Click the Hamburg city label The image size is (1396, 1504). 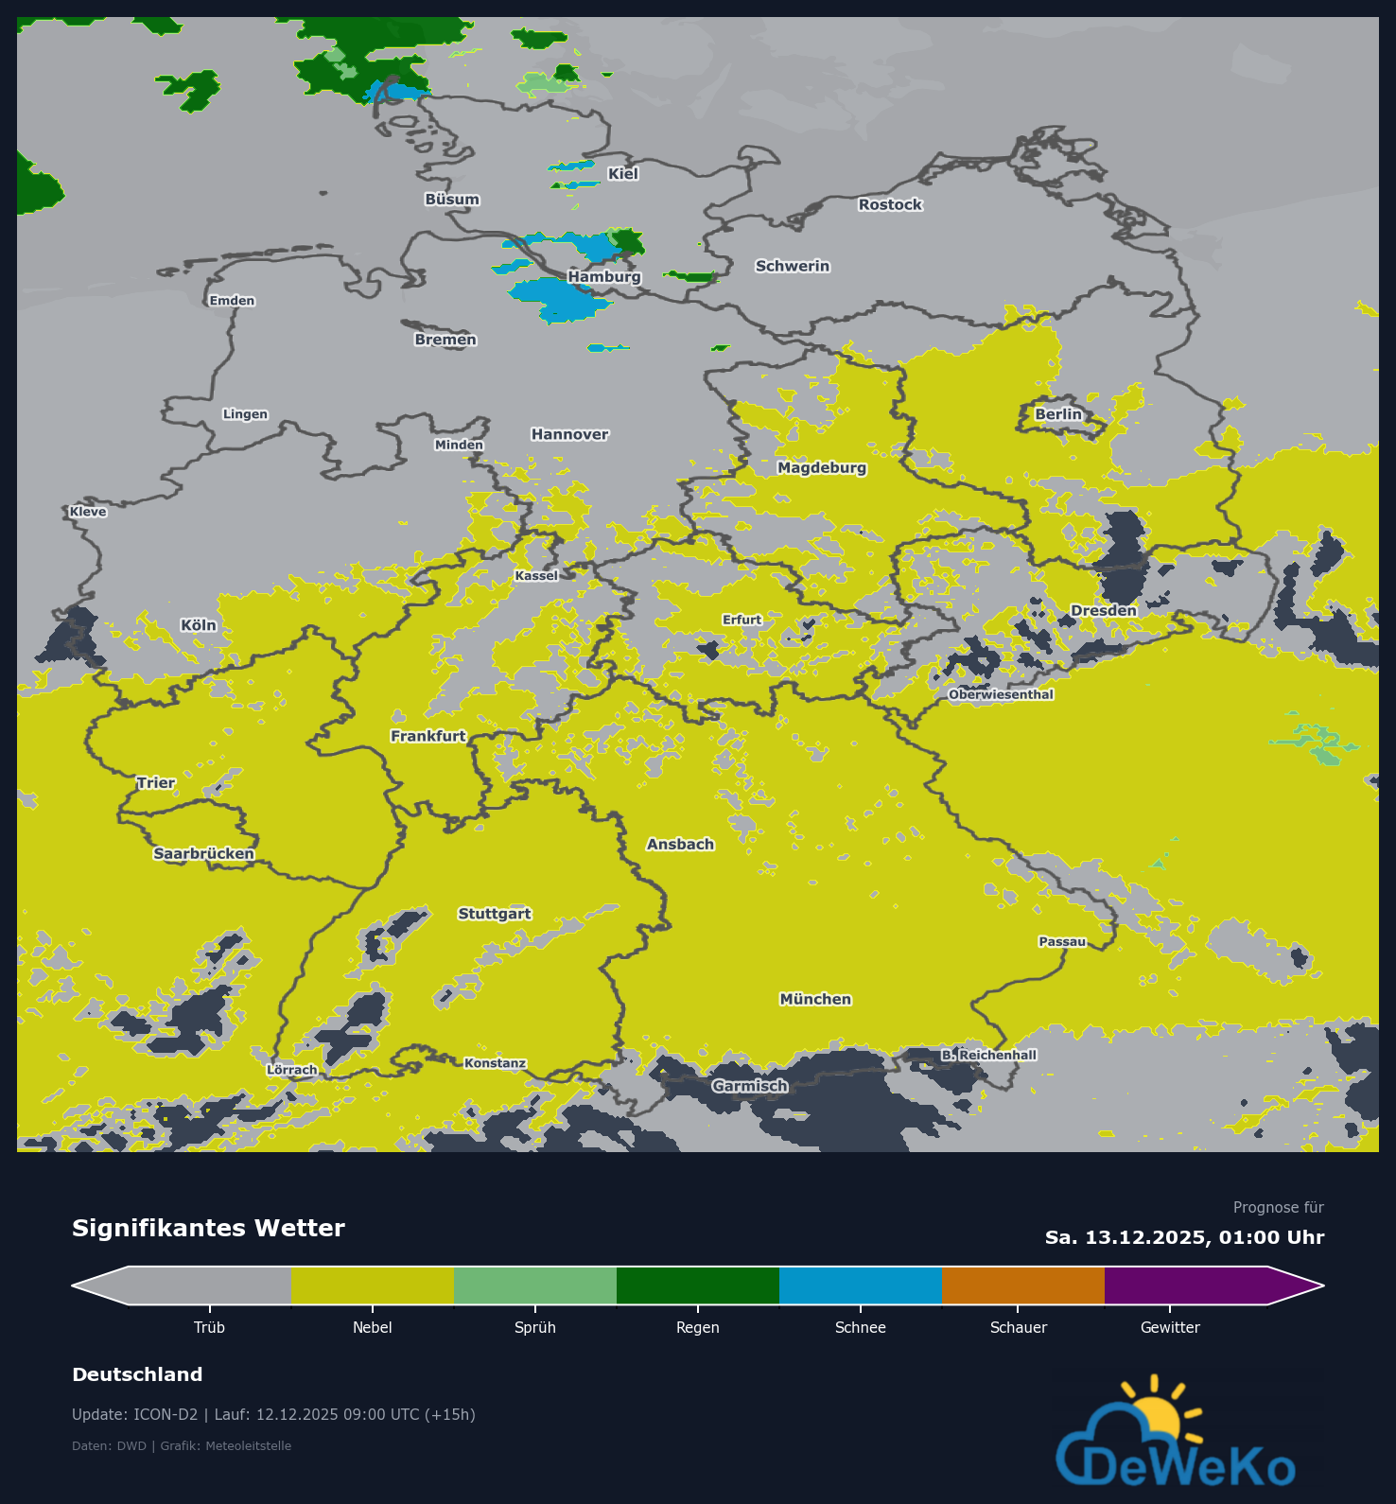[x=604, y=276]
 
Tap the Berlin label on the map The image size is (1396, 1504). [x=1057, y=414]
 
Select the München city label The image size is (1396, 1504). [x=815, y=999]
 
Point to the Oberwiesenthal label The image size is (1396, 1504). [x=1001, y=694]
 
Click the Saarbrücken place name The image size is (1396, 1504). [x=203, y=853]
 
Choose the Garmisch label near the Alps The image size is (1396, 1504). [x=750, y=1086]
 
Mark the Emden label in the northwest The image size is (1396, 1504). [x=232, y=301]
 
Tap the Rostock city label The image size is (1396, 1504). [x=889, y=204]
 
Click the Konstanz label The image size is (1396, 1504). [x=495, y=1063]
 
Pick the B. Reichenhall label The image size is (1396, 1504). [x=989, y=1055]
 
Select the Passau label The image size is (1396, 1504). [x=1062, y=941]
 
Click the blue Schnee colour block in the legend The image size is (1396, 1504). [x=860, y=1285]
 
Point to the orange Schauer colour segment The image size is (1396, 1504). [x=1022, y=1285]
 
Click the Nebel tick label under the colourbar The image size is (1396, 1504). [x=372, y=1327]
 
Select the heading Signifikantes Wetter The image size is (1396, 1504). [x=208, y=1228]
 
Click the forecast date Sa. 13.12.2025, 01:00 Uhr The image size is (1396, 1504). [x=1184, y=1237]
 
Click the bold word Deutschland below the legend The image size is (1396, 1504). [x=137, y=1374]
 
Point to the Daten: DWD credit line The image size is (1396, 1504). [x=182, y=1445]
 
